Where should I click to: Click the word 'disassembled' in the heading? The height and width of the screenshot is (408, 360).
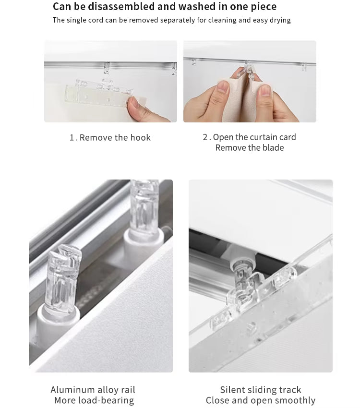(x=121, y=7)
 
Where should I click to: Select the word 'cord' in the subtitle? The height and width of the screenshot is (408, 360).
(x=96, y=20)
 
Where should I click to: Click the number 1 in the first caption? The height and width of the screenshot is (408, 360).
(x=72, y=138)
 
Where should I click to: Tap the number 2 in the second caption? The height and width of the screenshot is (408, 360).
(x=205, y=137)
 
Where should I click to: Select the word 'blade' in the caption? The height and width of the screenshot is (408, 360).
(x=273, y=147)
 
